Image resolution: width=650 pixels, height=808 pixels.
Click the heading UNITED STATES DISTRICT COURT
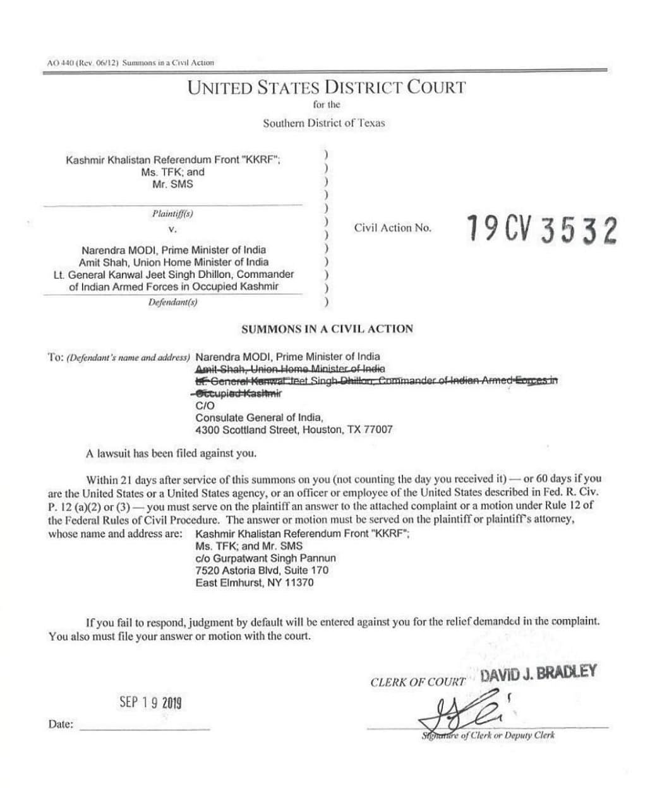point(326,88)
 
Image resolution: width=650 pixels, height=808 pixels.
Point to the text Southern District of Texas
point(323,123)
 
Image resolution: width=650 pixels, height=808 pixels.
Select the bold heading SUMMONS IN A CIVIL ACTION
point(327,329)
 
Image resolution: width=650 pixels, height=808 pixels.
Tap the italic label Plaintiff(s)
point(172,213)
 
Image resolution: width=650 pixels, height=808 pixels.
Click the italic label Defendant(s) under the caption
point(172,302)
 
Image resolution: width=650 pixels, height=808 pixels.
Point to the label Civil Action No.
point(392,228)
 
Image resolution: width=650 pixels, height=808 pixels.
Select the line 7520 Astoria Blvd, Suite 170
point(262,570)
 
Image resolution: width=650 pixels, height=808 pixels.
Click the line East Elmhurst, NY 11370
point(254,583)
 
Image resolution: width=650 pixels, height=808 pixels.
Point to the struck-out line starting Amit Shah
point(290,369)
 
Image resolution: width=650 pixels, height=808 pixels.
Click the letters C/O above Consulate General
point(205,405)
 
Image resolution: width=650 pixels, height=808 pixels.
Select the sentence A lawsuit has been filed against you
point(171,453)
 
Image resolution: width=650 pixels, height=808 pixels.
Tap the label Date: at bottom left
point(61,724)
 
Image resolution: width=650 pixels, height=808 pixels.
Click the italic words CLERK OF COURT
point(418,682)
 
